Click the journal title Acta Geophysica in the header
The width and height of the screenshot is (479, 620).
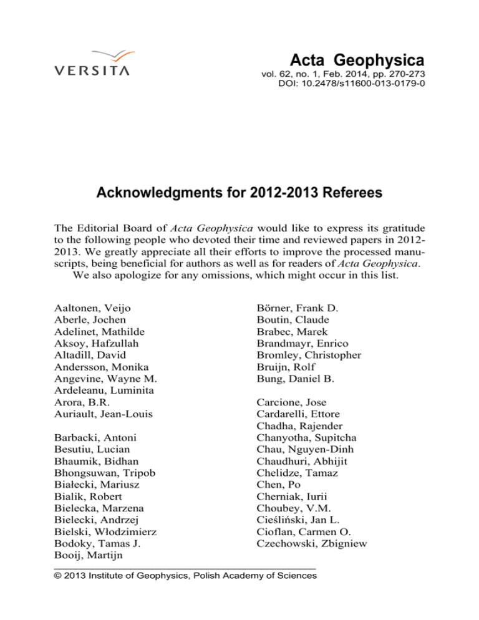357,61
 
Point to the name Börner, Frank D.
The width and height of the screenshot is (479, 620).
296,308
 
